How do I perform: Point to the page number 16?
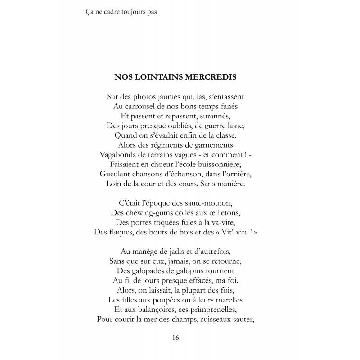point(176,337)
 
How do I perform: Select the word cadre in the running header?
point(110,12)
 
